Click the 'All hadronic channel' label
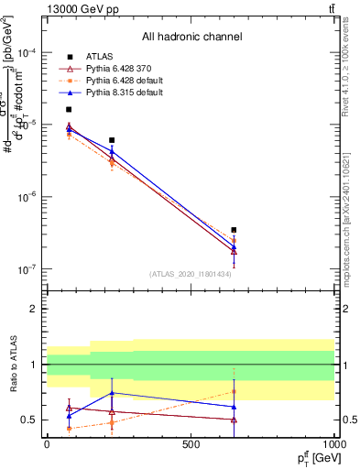tap(191, 38)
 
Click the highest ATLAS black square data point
tap(69, 109)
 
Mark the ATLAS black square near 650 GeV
tap(234, 230)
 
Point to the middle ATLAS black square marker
tap(112, 140)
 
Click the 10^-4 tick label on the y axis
tap(27, 52)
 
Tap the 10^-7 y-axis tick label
tap(27, 269)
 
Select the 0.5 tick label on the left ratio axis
tap(30, 420)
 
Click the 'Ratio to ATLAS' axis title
tap(12, 365)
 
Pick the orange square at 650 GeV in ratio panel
tap(234, 391)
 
